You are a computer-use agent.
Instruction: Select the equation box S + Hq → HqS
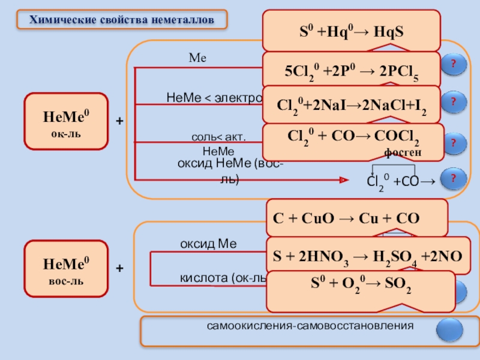pyautogui.click(x=352, y=31)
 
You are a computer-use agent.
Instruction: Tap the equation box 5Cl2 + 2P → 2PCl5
pyautogui.click(x=352, y=70)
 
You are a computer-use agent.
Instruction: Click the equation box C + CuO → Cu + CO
pyautogui.click(x=356, y=218)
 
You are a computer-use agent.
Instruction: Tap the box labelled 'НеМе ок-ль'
pyautogui.click(x=66, y=121)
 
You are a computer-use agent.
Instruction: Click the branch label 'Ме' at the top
pyautogui.click(x=197, y=58)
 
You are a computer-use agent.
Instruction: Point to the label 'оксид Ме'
pyautogui.click(x=209, y=244)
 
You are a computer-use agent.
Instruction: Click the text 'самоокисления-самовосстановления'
pyautogui.click(x=311, y=326)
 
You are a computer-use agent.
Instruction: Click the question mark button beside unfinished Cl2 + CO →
pyautogui.click(x=453, y=178)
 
